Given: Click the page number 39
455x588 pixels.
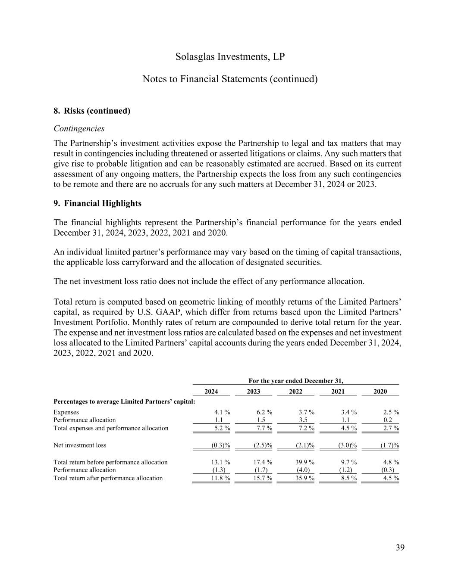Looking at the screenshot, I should (x=400, y=548).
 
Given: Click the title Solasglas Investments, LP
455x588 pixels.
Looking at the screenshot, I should (x=230, y=57).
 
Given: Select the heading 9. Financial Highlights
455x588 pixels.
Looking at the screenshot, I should (x=97, y=203).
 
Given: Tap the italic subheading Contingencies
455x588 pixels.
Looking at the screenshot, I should (x=79, y=128).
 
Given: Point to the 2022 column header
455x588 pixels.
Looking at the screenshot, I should (x=295, y=392).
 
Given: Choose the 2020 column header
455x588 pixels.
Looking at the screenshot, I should (x=380, y=392).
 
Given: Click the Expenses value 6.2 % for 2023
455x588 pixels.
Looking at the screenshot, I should (x=264, y=412).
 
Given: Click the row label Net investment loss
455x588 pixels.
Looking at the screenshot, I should (x=80, y=445).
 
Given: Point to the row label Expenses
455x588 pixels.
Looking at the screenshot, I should (x=66, y=412).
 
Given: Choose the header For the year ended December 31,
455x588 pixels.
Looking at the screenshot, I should (x=296, y=381).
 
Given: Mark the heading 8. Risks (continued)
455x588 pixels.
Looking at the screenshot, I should (x=92, y=111).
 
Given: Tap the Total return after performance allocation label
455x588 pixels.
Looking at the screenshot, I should (x=108, y=478).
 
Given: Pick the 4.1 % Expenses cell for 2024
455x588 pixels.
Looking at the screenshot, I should (x=222, y=412).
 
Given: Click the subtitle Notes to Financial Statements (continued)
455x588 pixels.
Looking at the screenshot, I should (x=230, y=79).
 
